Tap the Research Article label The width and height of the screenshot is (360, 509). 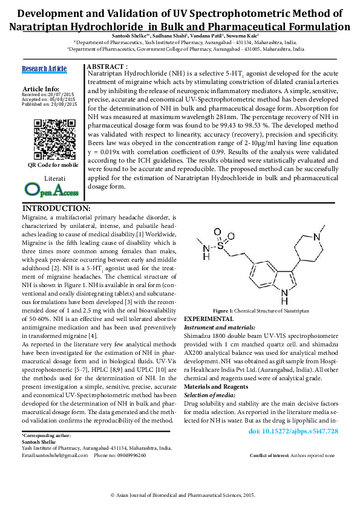pos(44,69)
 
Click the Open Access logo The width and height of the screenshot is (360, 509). pos(52,190)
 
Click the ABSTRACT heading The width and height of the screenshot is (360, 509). pos(107,65)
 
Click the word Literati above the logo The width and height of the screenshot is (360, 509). pos(54,179)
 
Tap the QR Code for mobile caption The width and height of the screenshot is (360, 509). pos(53,165)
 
